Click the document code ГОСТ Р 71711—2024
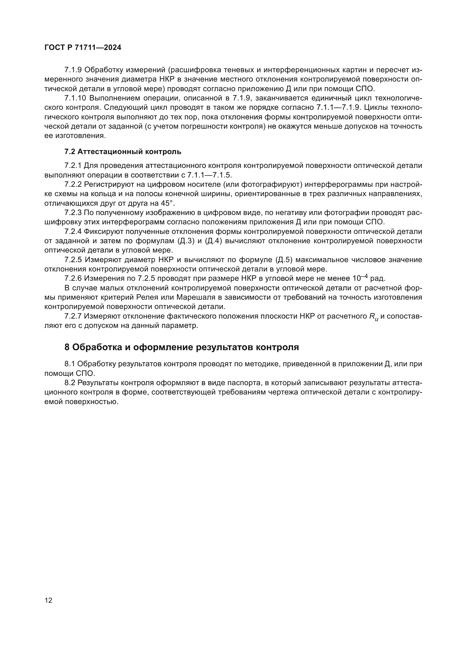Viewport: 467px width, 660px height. point(83,48)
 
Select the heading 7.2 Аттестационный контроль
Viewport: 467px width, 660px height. point(123,152)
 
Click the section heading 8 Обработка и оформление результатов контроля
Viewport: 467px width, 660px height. point(182,347)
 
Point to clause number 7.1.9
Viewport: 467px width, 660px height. point(73,70)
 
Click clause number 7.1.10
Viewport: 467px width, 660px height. point(75,98)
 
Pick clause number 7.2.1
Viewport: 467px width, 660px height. point(73,166)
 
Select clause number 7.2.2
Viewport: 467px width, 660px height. point(73,185)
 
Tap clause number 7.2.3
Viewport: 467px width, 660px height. point(73,213)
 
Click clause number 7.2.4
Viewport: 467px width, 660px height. point(73,232)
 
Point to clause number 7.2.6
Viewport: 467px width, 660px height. point(73,279)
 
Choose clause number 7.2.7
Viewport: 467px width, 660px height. point(73,316)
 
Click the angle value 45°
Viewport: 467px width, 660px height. point(168,203)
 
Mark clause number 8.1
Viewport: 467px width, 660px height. point(69,364)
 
